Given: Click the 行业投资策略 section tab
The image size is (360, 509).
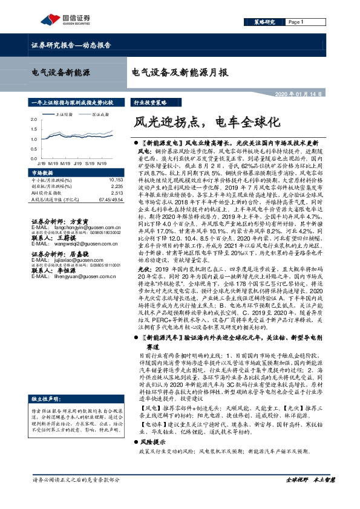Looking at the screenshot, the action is [x=149, y=103].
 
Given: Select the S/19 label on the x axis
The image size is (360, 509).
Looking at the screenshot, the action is [x=90, y=163].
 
